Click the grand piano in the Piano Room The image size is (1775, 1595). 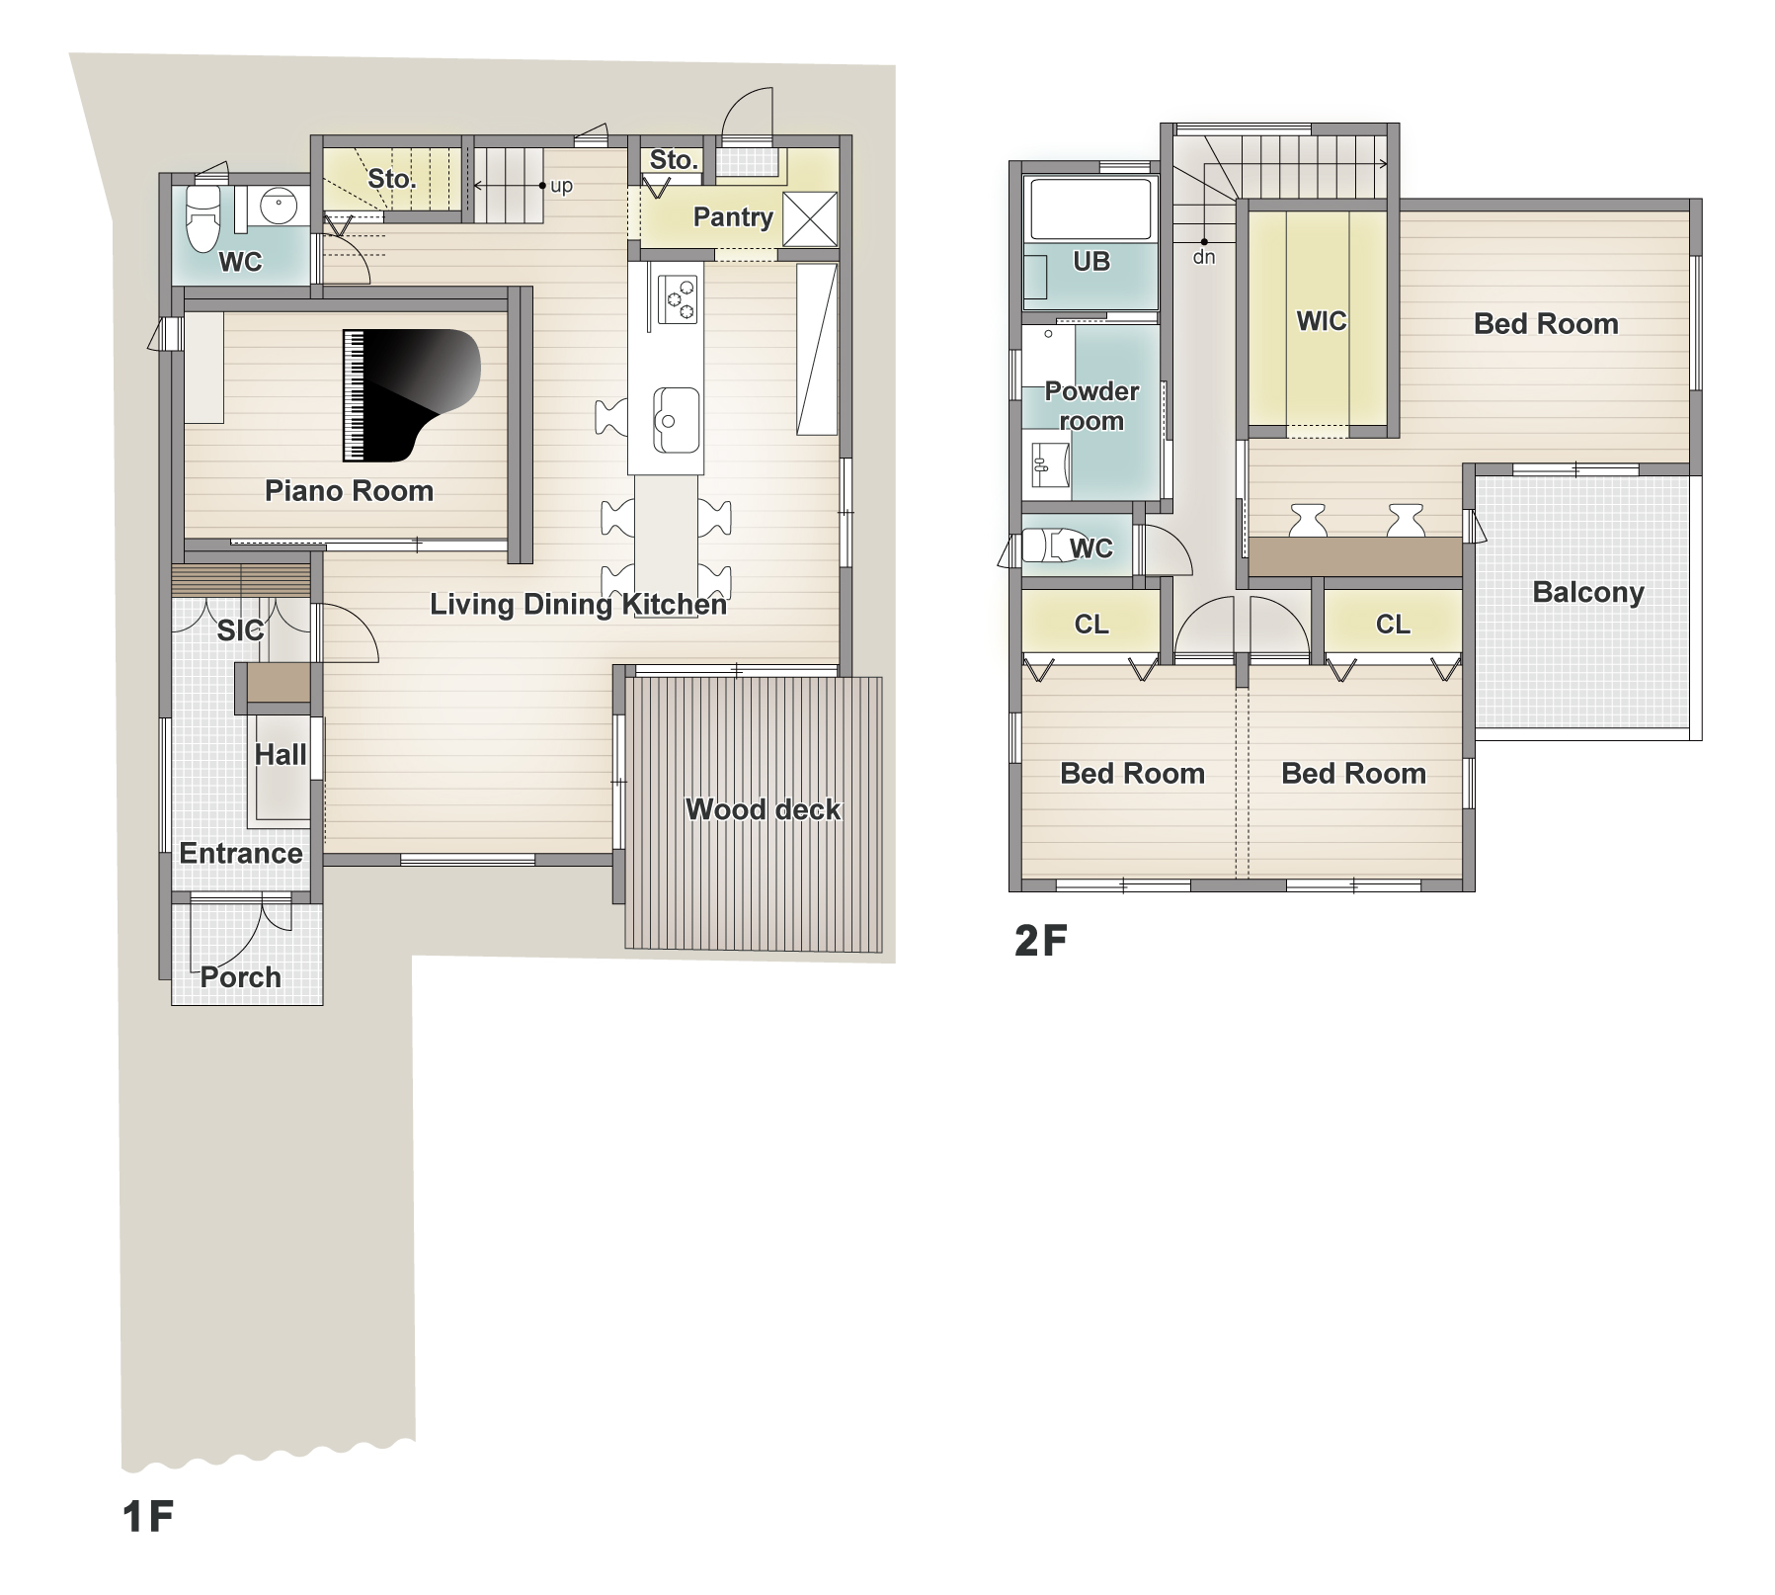coord(410,395)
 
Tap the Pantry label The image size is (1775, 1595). coord(733,217)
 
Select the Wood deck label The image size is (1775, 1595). coord(763,809)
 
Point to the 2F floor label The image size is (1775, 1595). coord(1041,941)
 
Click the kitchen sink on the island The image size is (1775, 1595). coord(676,420)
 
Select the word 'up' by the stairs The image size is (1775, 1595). coord(561,187)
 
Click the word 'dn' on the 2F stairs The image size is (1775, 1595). coord(1204,257)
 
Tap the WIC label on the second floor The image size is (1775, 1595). coord(1322,321)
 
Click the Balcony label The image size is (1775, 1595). coord(1588,592)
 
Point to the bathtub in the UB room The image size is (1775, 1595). coord(1090,209)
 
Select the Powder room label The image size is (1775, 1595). coord(1091,406)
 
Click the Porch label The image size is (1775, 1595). coord(241,977)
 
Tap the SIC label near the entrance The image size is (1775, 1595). coord(240,630)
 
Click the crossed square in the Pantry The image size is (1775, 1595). coord(810,218)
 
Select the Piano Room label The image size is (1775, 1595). coord(349,491)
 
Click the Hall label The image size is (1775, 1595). coord(281,755)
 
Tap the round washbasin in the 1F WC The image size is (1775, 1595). coord(278,207)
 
